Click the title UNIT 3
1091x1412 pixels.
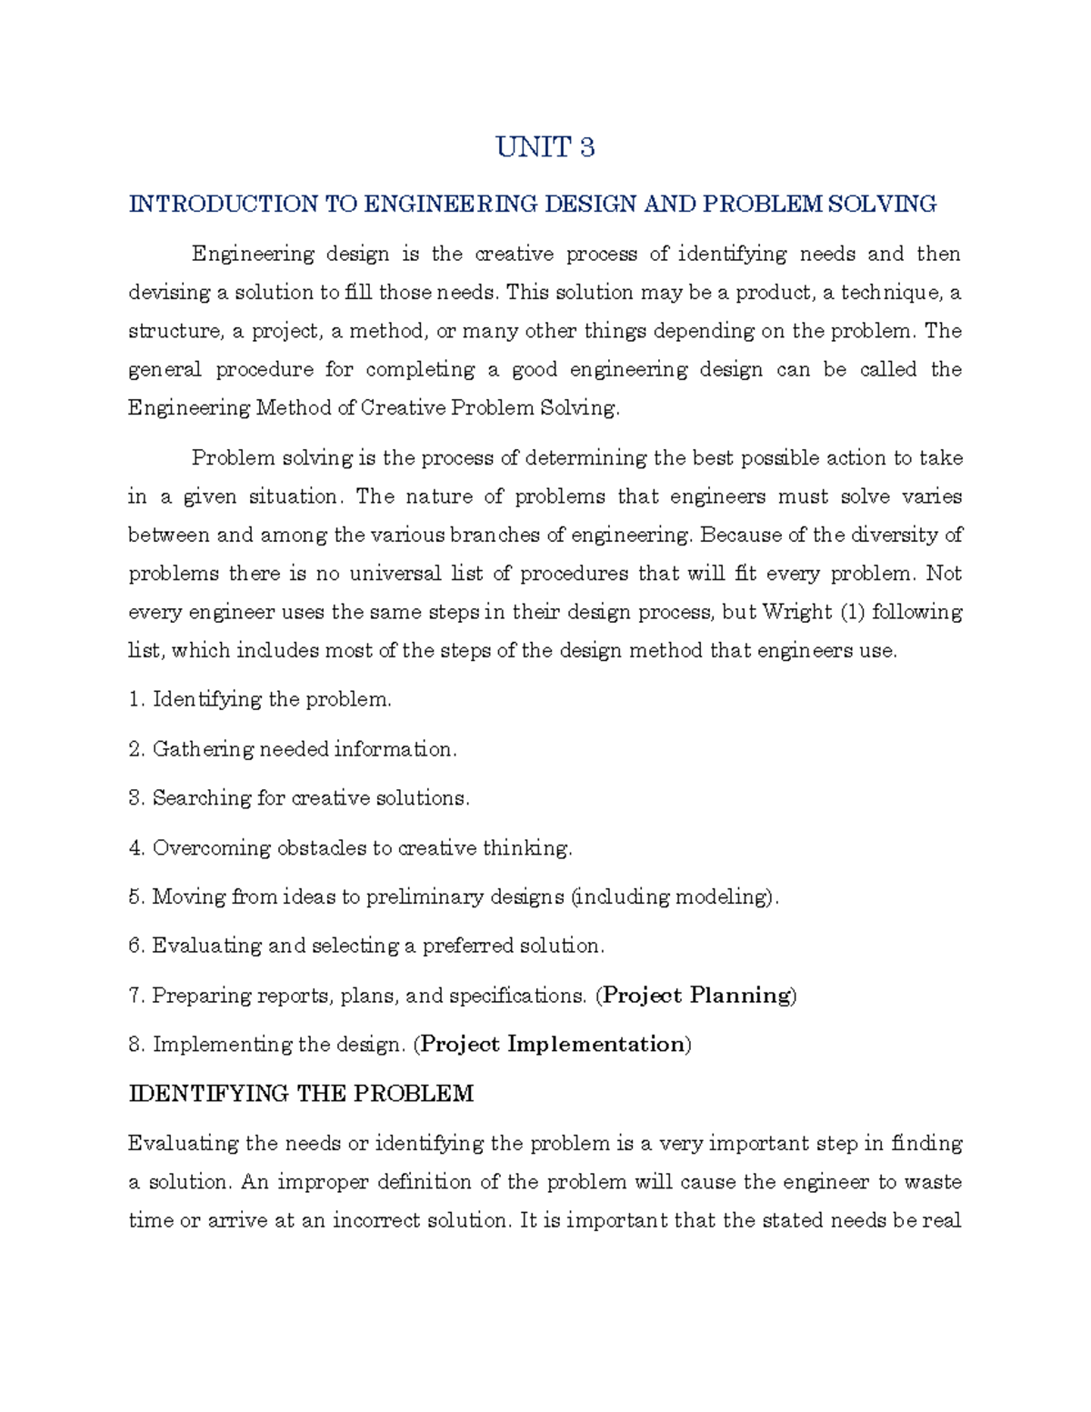(545, 147)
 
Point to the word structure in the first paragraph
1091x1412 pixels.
(174, 331)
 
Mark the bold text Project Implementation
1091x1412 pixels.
(552, 1045)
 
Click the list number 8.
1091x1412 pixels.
(136, 1045)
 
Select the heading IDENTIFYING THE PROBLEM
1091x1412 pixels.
(301, 1094)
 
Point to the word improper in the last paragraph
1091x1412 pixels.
(321, 1182)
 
